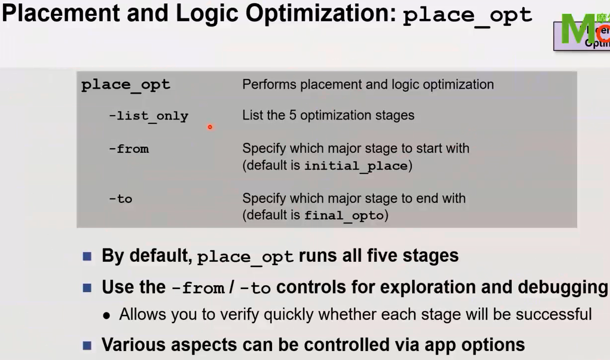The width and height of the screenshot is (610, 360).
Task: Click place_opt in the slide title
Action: (x=467, y=16)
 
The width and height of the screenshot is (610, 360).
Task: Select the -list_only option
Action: (x=149, y=117)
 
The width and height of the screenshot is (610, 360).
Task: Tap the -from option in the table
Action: (x=129, y=149)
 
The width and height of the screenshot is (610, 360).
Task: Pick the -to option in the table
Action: (x=120, y=199)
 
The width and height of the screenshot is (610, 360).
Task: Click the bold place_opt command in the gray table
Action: (x=126, y=85)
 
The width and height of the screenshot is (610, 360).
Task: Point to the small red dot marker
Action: (x=210, y=127)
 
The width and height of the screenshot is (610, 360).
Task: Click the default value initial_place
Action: (x=355, y=166)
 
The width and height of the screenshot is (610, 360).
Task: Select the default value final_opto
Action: (x=344, y=216)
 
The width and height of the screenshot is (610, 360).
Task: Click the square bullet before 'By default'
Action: (x=87, y=256)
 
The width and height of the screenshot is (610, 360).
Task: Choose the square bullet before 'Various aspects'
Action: (x=87, y=345)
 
